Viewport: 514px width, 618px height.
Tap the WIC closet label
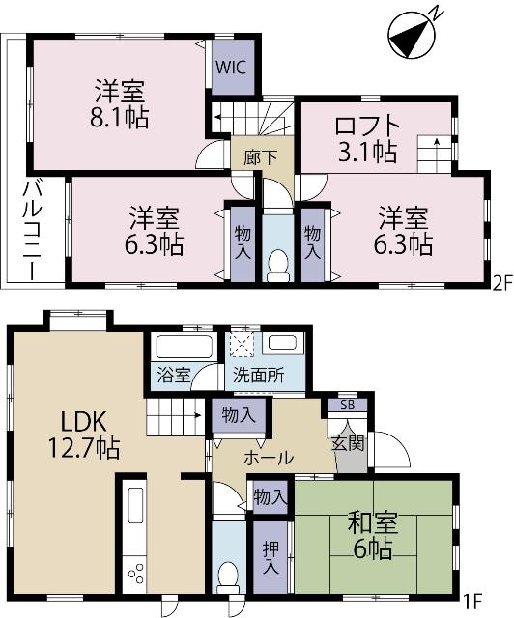230,69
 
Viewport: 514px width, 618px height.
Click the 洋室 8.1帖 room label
120,106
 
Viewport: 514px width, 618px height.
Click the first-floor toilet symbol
228,576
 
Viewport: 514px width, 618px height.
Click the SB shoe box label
347,405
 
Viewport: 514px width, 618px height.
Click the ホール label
268,458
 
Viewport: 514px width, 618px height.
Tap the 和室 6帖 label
371,539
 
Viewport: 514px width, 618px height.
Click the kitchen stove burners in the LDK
135,573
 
